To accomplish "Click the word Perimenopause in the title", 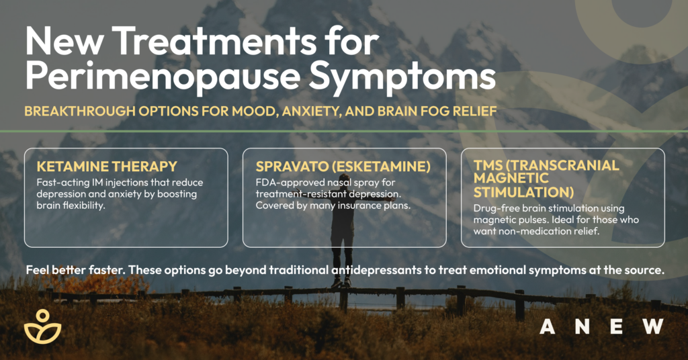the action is (163, 77).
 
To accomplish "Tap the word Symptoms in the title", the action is (402, 77).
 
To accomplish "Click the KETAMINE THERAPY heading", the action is (107, 167).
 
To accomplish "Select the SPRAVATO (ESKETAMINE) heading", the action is (343, 167).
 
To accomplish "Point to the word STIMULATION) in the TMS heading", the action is (523, 192).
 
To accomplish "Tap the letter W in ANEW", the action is (653, 326).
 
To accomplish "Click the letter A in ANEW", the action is (547, 326).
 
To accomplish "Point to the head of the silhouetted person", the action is (339, 181).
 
